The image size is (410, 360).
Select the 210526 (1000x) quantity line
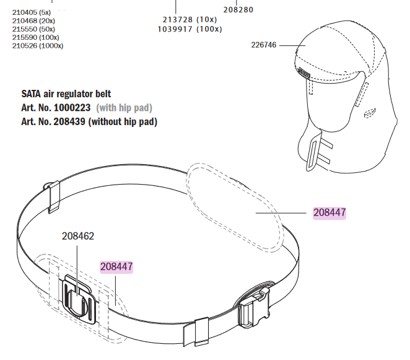point(37,45)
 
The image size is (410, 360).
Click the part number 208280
point(238,10)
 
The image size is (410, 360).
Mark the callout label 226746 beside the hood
point(264,45)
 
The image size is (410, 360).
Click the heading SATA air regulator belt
point(66,94)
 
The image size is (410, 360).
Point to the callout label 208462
point(77,236)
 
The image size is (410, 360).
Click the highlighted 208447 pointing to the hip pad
point(329,213)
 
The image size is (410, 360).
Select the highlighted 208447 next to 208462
point(116,266)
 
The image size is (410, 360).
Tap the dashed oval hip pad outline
point(235,204)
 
